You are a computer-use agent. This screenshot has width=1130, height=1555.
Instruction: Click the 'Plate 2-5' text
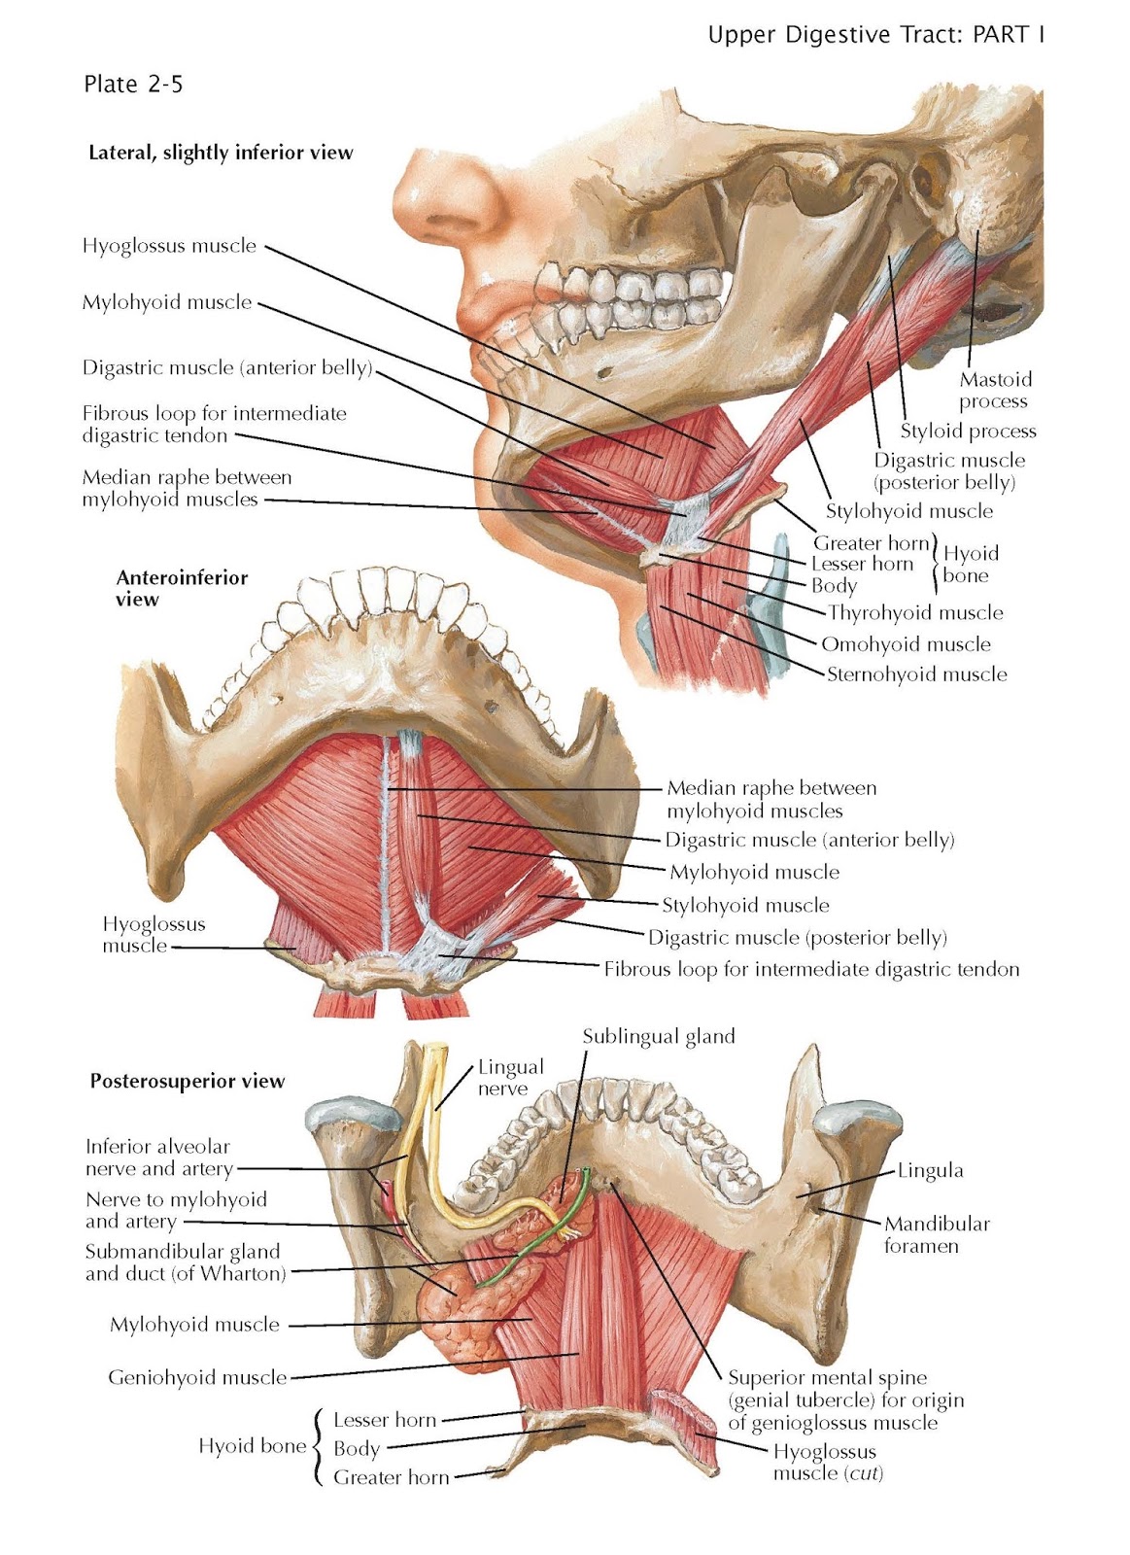[x=133, y=85]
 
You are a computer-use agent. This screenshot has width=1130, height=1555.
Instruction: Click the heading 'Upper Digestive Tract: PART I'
[x=876, y=36]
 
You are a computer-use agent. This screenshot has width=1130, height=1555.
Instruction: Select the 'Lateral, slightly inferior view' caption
[x=221, y=153]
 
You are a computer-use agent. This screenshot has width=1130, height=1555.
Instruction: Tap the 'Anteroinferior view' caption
[x=182, y=588]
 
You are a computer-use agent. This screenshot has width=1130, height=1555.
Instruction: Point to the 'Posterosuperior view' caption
[x=188, y=1081]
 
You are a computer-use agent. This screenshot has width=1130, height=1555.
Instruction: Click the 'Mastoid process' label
[x=995, y=391]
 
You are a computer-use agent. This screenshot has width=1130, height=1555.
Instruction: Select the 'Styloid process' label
[x=968, y=431]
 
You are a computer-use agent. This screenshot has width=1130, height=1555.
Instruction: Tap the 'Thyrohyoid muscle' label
[x=915, y=612]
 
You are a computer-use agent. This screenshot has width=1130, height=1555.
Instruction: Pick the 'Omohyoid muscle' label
[x=906, y=643]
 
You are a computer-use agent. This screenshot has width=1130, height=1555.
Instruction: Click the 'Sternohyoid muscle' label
[x=916, y=674]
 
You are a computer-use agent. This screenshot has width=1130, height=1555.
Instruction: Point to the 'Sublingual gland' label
[x=659, y=1036]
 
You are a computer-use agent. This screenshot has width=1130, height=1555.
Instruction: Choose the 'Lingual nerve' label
[x=510, y=1077]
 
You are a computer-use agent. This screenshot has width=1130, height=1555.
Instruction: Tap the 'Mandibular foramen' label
[x=936, y=1234]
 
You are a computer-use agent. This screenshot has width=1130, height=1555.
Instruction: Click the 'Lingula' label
[x=930, y=1171]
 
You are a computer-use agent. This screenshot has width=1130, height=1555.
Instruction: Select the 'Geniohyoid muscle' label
[x=197, y=1377]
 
